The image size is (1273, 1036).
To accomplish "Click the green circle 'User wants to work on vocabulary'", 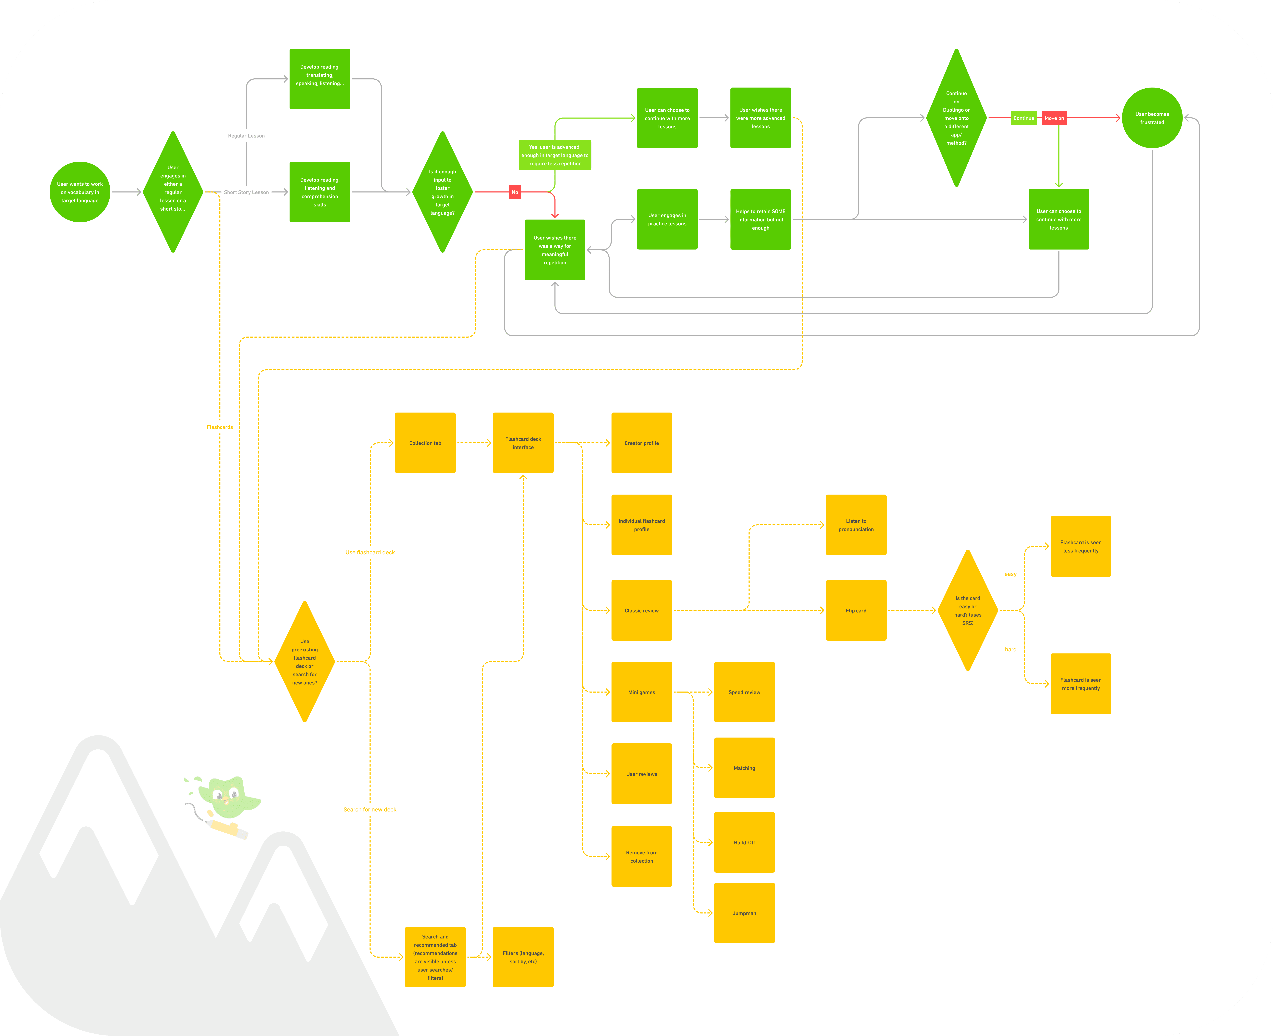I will click(x=80, y=192).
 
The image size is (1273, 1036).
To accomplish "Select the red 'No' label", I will click(x=514, y=192).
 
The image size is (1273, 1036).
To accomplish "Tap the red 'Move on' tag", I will click(x=1054, y=118).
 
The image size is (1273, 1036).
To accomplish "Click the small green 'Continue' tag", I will click(x=1024, y=118).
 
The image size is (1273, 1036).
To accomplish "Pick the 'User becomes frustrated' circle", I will click(x=1152, y=118).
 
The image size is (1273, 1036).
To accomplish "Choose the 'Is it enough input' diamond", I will click(x=442, y=192).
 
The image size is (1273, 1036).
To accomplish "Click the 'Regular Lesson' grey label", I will click(x=246, y=136).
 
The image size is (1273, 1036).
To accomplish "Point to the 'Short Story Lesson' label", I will click(x=246, y=192).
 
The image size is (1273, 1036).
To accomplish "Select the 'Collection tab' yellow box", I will click(x=425, y=443).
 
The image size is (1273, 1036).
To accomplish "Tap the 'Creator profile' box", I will click(x=641, y=443).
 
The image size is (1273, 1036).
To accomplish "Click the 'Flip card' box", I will click(x=856, y=611).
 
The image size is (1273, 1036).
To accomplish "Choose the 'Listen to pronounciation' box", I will click(x=856, y=525).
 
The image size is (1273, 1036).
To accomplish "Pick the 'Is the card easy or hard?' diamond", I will click(x=967, y=611).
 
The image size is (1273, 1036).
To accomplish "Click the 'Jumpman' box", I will click(x=744, y=913).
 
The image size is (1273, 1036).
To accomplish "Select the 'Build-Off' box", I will click(x=744, y=842).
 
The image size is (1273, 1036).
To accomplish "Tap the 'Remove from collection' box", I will click(x=641, y=856).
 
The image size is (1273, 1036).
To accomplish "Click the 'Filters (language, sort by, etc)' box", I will click(x=523, y=957).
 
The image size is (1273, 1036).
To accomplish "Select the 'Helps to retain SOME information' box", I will click(x=760, y=220).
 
